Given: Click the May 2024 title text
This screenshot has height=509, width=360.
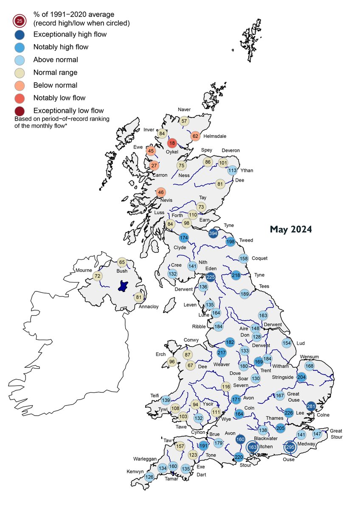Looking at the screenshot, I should (x=291, y=229).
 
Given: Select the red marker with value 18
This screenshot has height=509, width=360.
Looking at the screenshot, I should (x=172, y=143).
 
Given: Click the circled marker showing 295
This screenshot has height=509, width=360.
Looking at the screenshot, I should (x=290, y=448).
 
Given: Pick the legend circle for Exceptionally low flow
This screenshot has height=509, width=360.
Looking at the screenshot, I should (x=19, y=110).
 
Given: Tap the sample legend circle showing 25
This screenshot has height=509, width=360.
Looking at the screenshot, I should (x=19, y=20).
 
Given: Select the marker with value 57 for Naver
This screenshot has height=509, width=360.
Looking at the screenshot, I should (x=184, y=121).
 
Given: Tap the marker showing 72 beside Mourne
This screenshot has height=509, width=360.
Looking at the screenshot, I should (x=98, y=276).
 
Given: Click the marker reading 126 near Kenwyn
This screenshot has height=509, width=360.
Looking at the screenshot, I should (x=149, y=476).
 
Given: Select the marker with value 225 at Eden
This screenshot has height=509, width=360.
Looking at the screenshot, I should (x=211, y=277).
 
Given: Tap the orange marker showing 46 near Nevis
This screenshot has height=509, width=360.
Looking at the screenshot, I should (x=160, y=193).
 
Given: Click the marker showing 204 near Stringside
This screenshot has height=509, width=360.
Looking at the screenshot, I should (x=302, y=378).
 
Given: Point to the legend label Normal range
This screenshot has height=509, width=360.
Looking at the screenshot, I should (x=55, y=72).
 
